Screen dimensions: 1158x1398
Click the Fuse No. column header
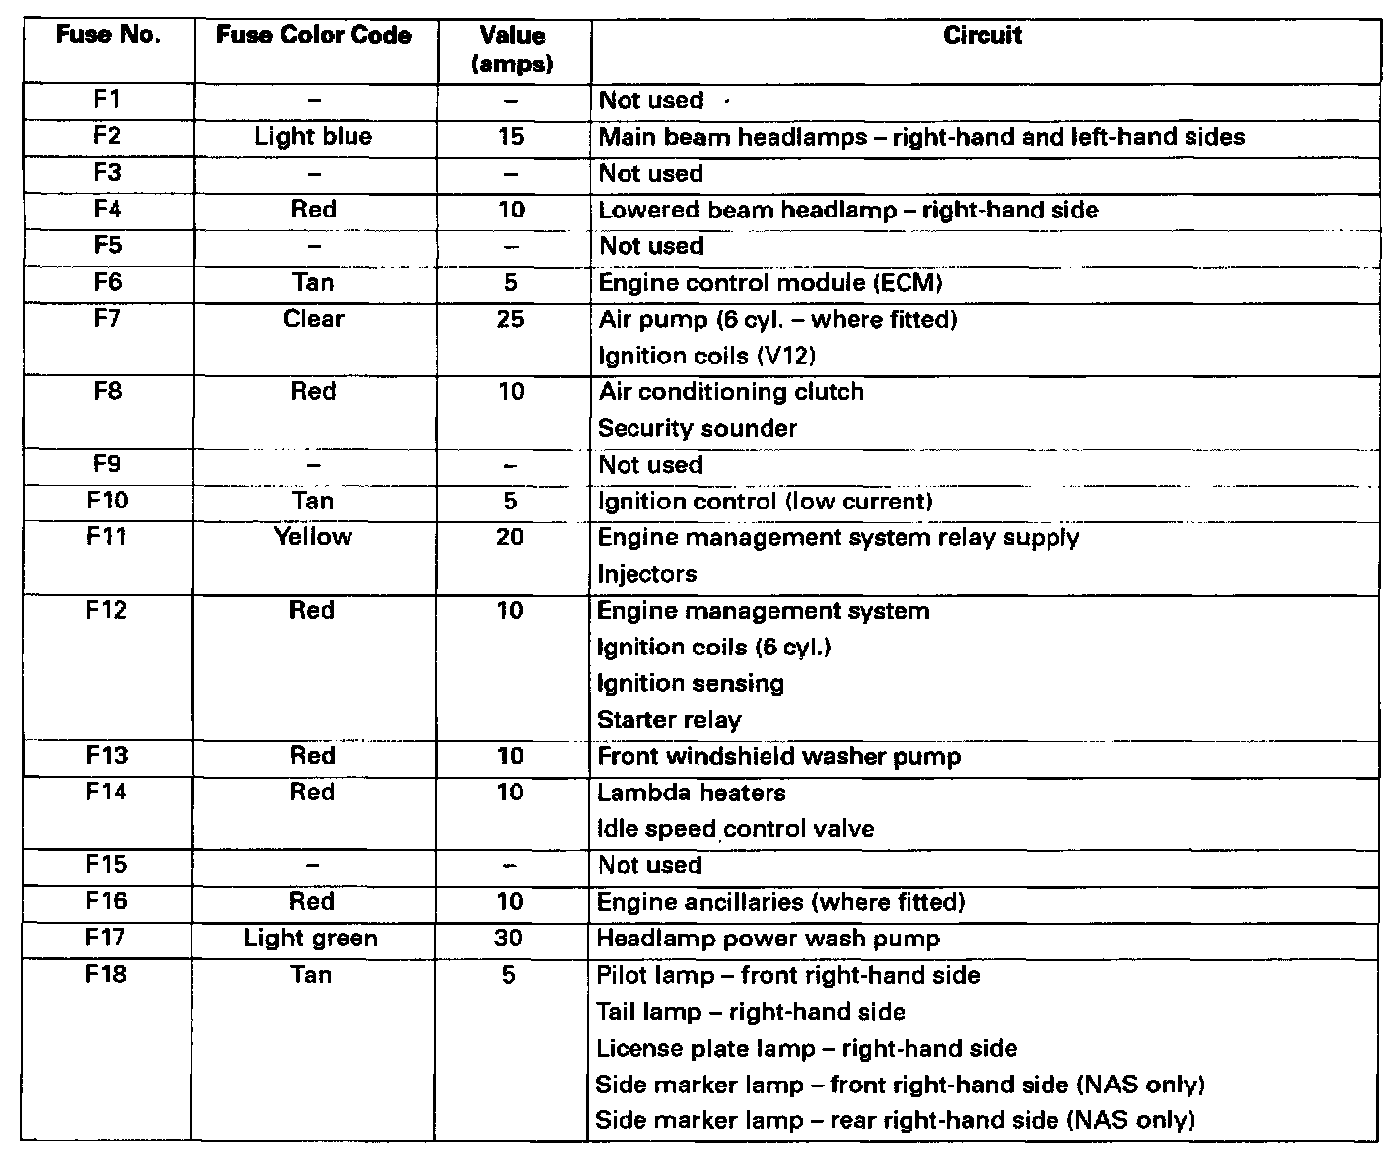click(x=107, y=36)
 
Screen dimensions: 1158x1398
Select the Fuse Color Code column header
click(x=314, y=36)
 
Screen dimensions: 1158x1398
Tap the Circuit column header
click(x=982, y=36)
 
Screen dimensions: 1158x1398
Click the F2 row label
click(x=107, y=136)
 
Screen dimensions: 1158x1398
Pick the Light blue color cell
click(x=313, y=136)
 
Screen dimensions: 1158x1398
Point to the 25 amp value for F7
click(x=511, y=319)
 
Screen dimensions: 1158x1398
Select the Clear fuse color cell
click(x=313, y=319)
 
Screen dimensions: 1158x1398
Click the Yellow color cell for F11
click(x=313, y=537)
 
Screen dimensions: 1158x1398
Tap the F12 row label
click(x=106, y=610)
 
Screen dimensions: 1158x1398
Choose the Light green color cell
click(x=311, y=939)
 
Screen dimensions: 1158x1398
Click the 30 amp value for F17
click(x=509, y=939)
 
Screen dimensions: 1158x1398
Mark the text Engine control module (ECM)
click(x=770, y=283)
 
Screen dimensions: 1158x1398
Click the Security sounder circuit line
click(x=698, y=429)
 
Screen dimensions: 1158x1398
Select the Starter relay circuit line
click(x=669, y=720)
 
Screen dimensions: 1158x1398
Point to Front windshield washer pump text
click(x=779, y=757)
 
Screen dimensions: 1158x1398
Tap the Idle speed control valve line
click(x=736, y=829)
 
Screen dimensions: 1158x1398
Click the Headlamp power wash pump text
click(x=769, y=939)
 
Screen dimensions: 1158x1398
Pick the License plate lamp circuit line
click(x=806, y=1049)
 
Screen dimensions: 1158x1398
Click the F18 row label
click(x=106, y=975)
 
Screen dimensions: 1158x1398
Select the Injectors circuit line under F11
click(x=647, y=574)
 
